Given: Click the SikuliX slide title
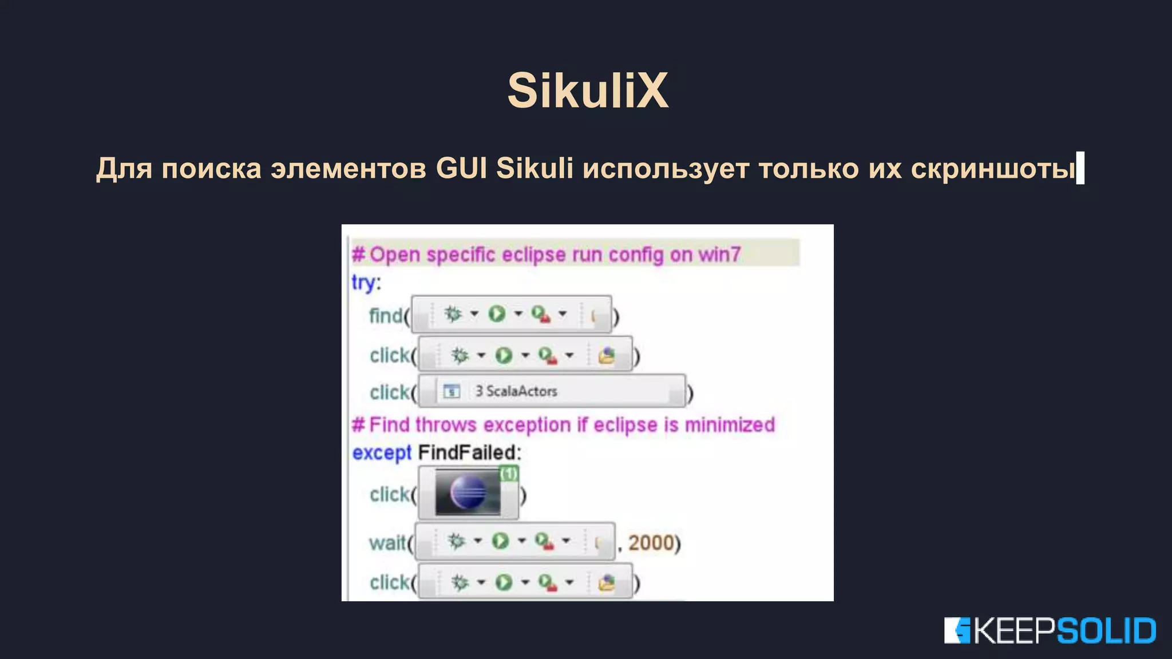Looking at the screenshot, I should point(588,90).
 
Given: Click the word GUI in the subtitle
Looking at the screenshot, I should point(461,168).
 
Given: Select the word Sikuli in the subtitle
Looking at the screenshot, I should point(534,168).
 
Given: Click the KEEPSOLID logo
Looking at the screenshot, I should point(1050,630).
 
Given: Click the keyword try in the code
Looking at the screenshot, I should point(363,283).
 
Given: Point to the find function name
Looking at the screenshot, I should point(386,315).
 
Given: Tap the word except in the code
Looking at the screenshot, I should point(382,452).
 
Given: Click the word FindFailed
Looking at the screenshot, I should point(469,452).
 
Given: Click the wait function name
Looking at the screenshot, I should point(387,542).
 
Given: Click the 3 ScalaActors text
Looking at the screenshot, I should point(516,391).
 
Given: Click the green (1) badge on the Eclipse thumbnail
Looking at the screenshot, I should point(509,474).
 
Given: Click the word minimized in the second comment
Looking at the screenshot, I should point(730,425).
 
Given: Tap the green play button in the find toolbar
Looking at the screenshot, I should point(497,313).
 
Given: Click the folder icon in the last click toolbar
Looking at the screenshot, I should point(606,583).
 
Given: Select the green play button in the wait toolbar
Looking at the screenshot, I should point(500,541).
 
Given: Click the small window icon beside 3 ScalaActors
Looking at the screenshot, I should point(452,391).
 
